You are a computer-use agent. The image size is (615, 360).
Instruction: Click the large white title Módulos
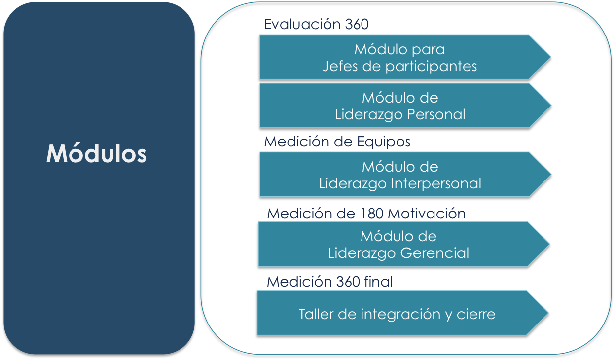(97, 154)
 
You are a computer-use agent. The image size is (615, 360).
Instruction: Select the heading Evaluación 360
(316, 24)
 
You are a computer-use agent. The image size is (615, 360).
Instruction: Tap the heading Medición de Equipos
(337, 142)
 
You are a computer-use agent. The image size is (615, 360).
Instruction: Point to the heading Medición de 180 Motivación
(366, 214)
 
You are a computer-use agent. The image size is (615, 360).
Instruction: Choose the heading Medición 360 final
(329, 282)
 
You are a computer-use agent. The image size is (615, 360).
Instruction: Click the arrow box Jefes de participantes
(399, 57)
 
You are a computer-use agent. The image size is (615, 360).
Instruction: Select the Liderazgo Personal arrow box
(399, 106)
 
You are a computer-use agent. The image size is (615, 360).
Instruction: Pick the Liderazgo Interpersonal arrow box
(399, 175)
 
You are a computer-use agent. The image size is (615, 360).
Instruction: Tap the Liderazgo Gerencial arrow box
(398, 244)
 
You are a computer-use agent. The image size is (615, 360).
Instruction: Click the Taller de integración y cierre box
(397, 314)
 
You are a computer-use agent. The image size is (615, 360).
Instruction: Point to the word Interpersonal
(436, 183)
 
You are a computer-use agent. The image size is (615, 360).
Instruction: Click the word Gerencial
(434, 253)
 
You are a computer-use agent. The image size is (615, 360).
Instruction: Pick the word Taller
(316, 314)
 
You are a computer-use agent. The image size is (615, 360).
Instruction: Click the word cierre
(476, 314)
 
